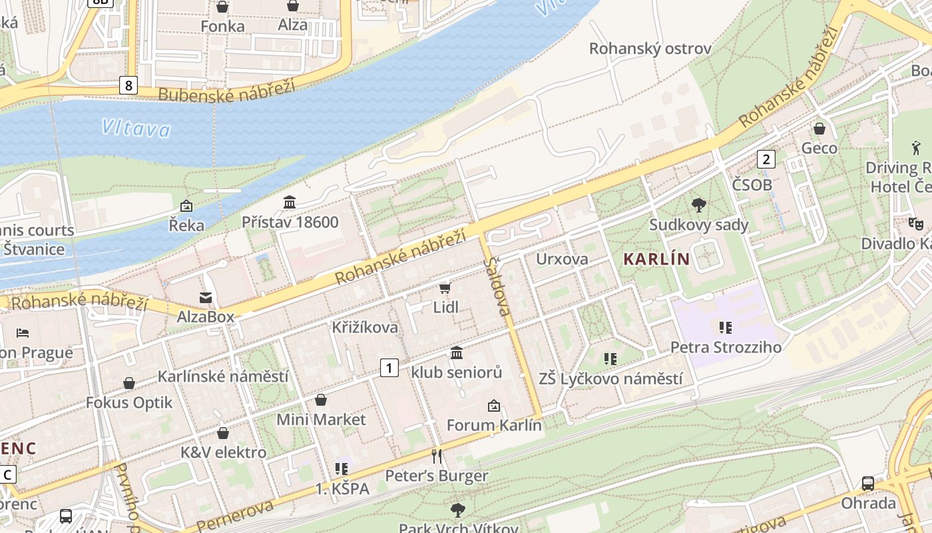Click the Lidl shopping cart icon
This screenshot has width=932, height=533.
445,288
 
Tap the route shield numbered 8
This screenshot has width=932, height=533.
128,85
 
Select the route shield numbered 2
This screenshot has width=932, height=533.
766,159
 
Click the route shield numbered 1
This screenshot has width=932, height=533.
389,367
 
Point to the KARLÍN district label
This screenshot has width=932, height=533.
656,259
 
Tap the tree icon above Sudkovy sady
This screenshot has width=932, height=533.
698,205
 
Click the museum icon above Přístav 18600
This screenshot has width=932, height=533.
290,202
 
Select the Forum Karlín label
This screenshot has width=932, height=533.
494,425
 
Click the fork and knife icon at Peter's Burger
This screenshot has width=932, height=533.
437,456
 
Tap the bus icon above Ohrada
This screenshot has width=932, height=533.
868,483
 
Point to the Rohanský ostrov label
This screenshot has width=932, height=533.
650,49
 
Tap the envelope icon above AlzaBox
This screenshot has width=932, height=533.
206,297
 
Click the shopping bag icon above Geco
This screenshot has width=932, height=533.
819,129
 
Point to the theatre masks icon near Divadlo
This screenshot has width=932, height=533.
915,224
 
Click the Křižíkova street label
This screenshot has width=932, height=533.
365,327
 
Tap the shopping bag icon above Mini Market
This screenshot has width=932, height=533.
321,400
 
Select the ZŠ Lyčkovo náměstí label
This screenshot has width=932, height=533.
610,379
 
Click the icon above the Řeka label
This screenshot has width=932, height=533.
186,206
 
